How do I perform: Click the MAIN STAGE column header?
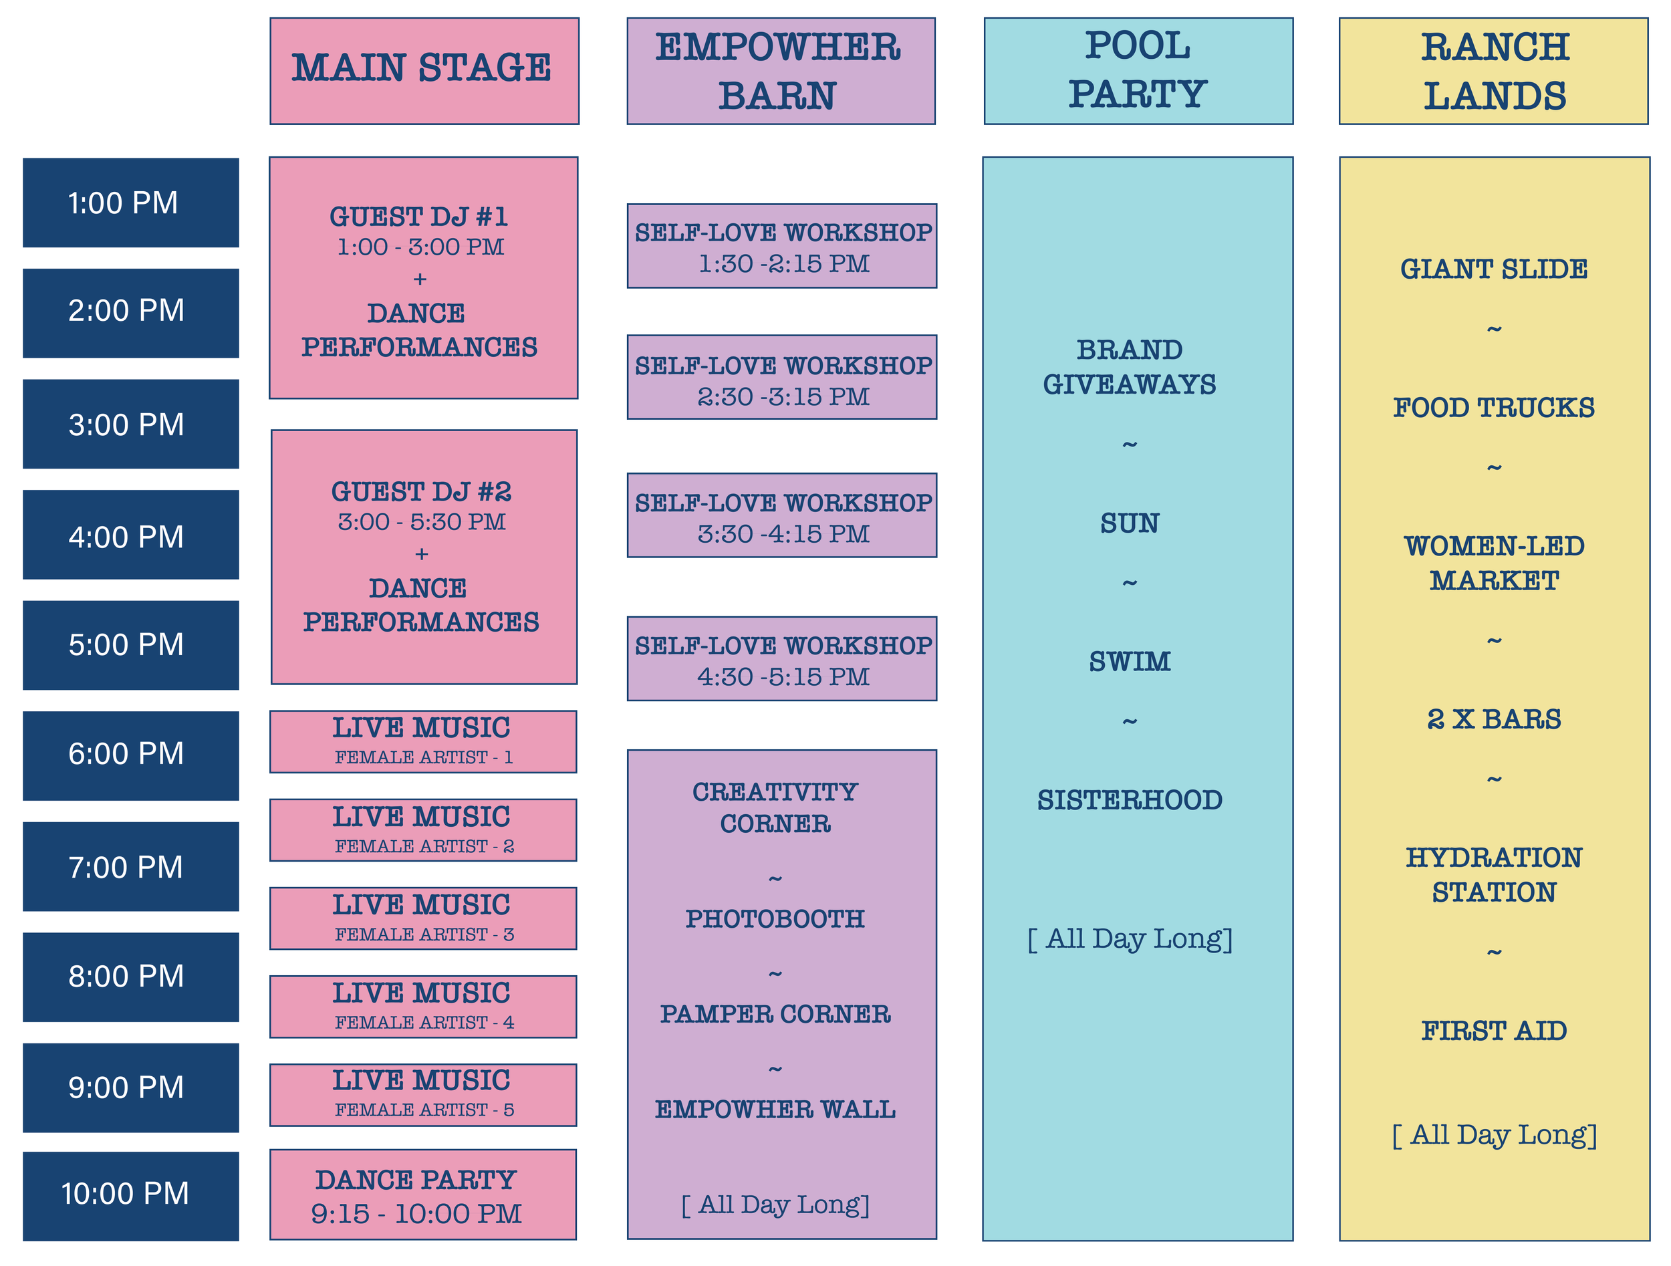424,70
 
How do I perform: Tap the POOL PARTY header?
1138,70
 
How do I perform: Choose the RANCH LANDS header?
1493,70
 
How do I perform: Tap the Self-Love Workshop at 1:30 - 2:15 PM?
782,247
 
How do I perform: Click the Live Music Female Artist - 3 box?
423,918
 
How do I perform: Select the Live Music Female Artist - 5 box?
423,1094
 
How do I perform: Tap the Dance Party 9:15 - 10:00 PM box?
423,1195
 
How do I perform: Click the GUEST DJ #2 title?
422,492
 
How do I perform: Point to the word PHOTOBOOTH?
775,918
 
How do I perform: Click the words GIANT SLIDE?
1493,269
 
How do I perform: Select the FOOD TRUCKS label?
1493,408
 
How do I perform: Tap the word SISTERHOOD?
1130,800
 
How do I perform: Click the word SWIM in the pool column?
1130,662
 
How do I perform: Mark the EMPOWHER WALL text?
775,1109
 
